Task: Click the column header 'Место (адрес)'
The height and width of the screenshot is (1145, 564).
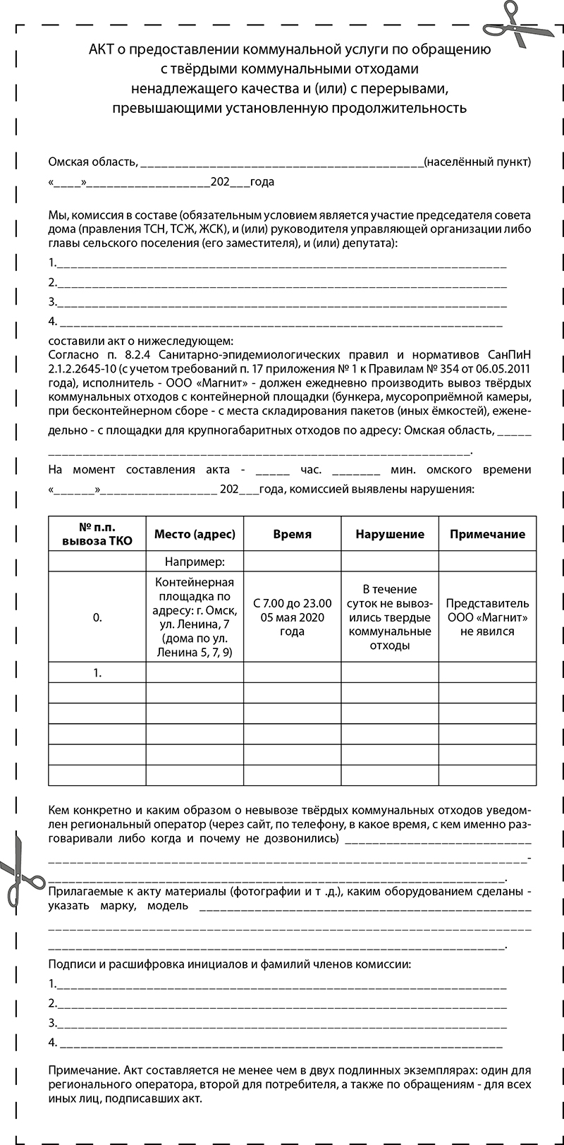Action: [x=195, y=534]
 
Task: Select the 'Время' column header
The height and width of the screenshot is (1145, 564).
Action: [x=292, y=534]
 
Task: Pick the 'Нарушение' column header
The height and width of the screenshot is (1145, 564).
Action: [x=390, y=534]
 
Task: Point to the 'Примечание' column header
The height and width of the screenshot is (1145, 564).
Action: [x=487, y=534]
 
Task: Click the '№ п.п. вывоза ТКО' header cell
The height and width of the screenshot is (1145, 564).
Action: [x=97, y=534]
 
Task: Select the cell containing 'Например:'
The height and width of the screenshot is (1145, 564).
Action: [x=195, y=562]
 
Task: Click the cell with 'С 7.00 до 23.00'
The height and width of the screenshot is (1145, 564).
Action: [x=292, y=617]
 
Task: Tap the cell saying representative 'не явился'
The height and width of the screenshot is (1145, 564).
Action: [x=487, y=617]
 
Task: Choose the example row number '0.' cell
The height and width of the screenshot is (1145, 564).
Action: [x=97, y=617]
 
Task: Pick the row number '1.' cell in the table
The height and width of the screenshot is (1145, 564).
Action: [x=97, y=673]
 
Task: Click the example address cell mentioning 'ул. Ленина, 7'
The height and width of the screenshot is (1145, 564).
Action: [x=195, y=617]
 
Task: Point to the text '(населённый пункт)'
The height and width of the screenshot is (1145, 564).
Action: [x=477, y=162]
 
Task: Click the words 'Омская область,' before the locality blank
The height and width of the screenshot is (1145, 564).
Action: [x=92, y=162]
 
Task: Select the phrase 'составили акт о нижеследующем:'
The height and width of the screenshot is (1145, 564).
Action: [x=135, y=341]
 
